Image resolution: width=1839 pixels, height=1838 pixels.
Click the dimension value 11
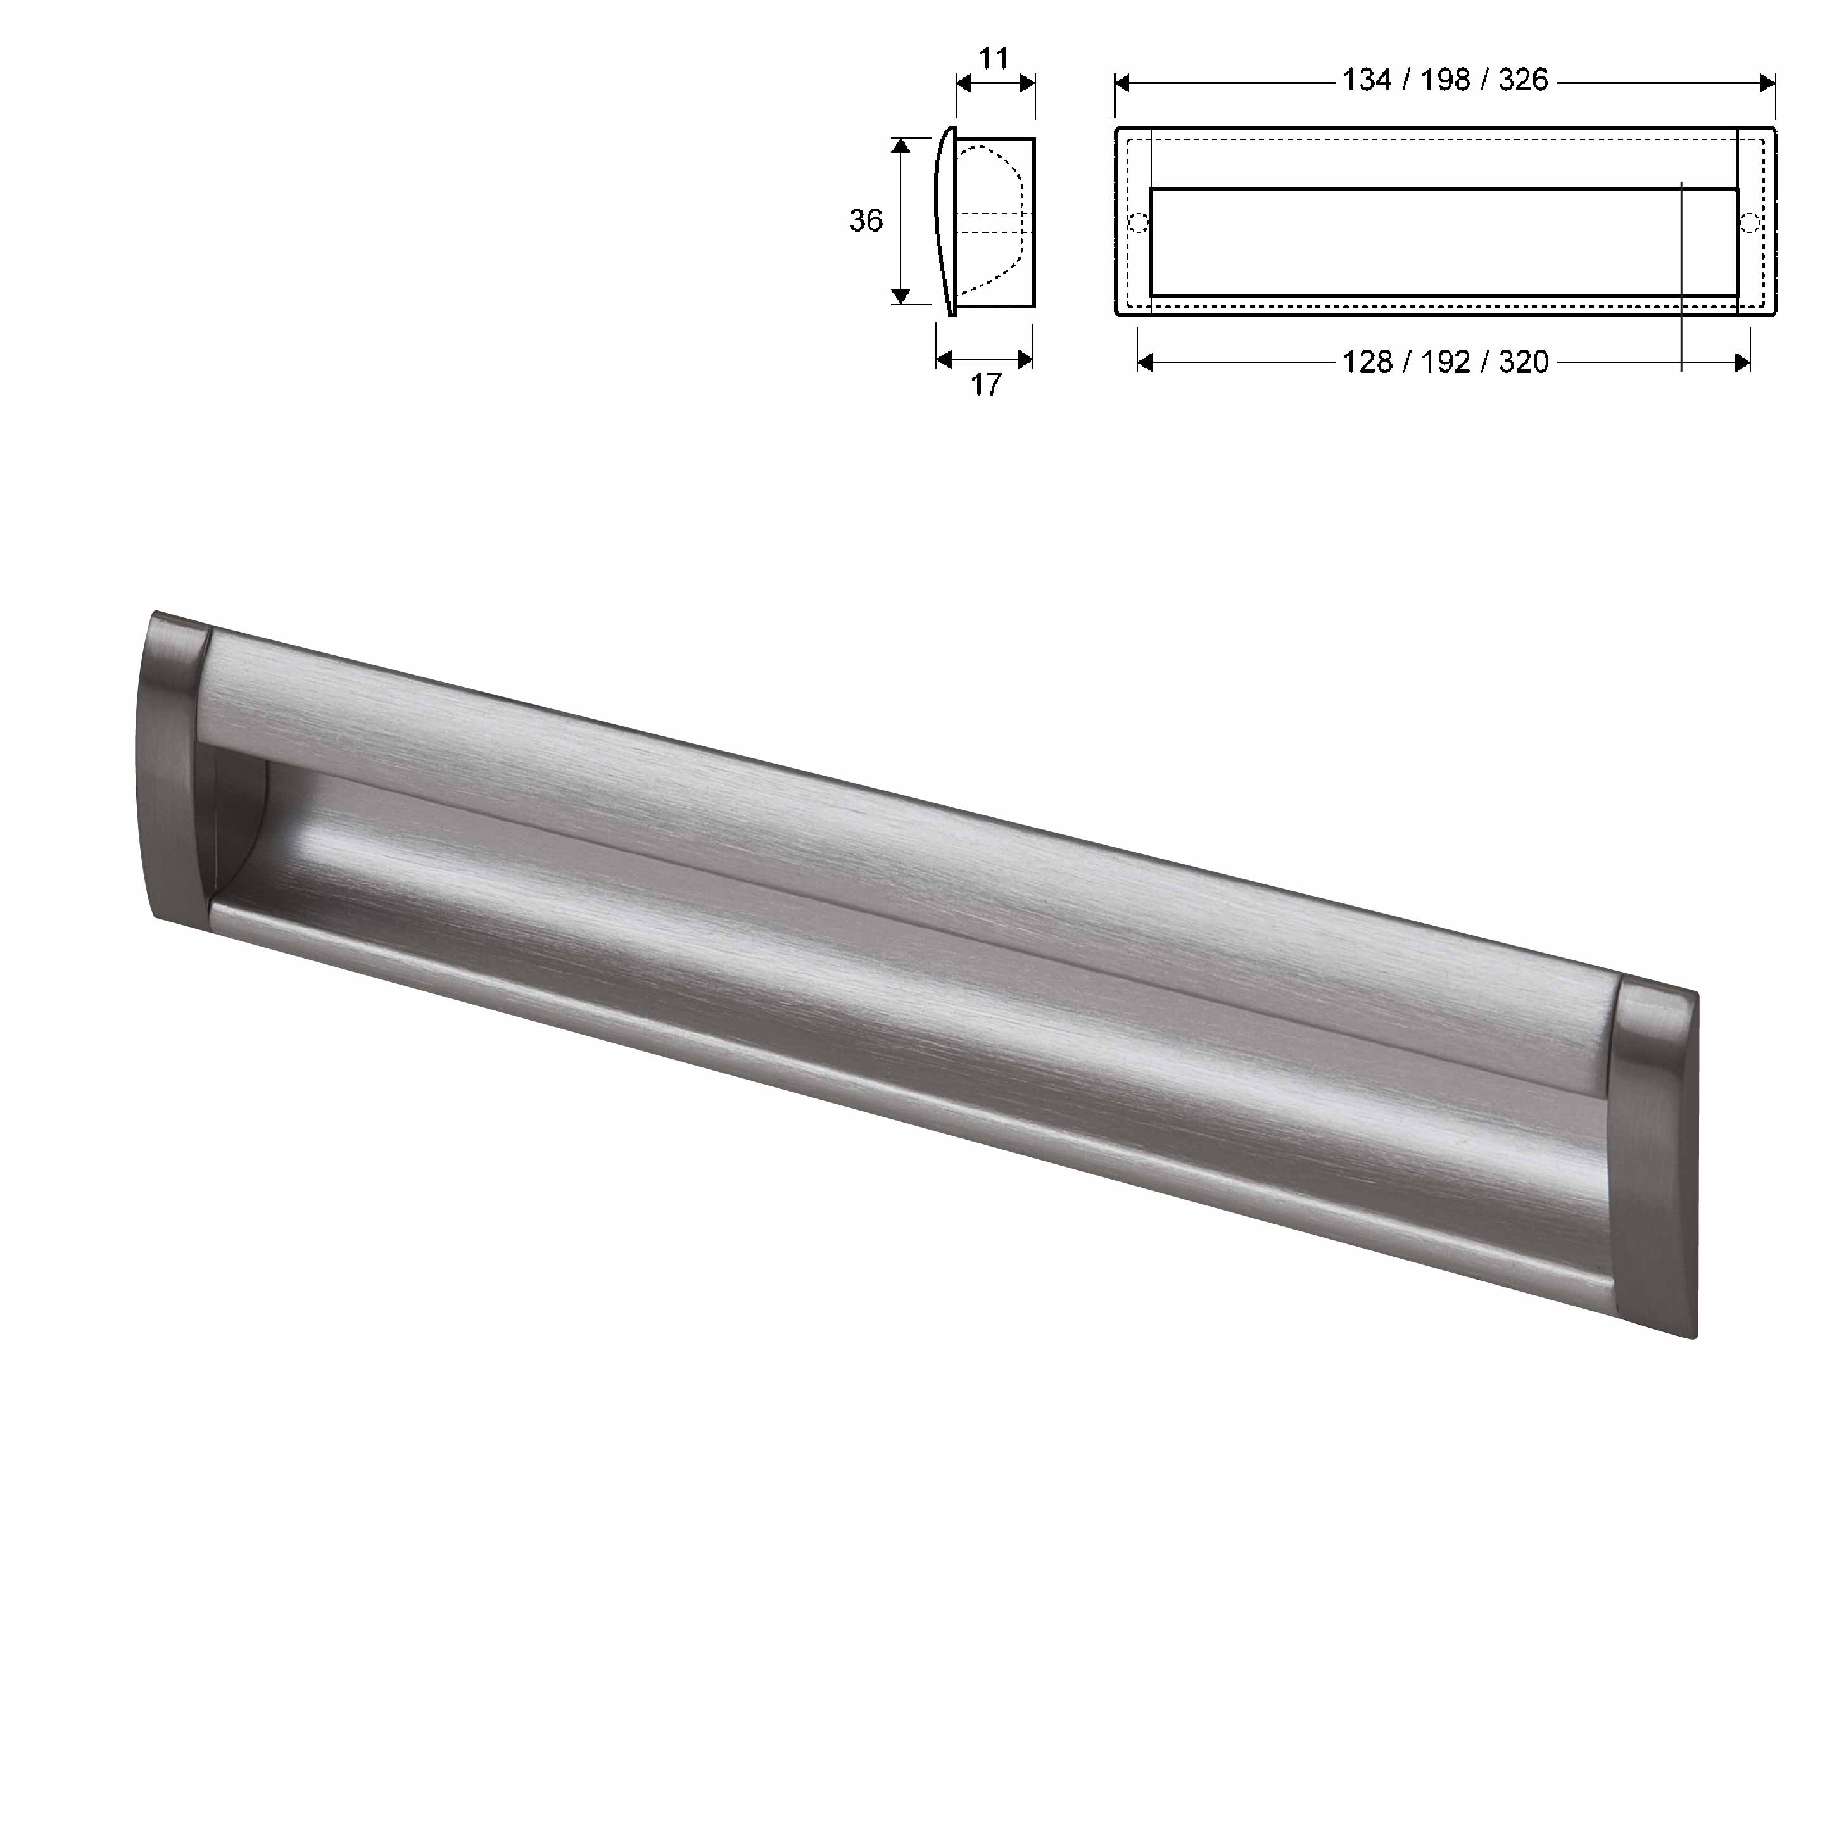993,59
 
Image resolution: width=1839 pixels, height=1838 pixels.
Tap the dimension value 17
986,384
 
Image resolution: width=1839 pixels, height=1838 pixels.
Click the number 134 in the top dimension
1367,80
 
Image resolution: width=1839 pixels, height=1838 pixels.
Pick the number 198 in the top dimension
1445,80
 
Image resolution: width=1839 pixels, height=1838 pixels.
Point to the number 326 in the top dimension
1523,80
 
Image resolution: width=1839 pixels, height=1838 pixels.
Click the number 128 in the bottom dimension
1367,362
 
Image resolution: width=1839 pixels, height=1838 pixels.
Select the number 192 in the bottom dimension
1445,362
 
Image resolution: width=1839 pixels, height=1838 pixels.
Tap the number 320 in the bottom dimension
1523,362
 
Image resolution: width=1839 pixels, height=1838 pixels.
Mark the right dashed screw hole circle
1750,223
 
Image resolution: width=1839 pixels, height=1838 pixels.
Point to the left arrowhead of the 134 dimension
1122,84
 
